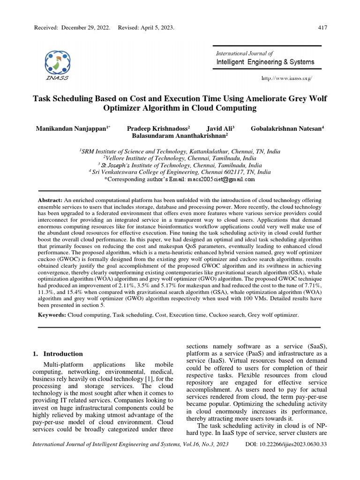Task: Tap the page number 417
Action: tap(322, 28)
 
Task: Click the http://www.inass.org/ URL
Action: tap(286, 78)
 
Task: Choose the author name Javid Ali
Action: tap(220, 128)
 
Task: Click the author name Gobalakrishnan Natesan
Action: tap(287, 128)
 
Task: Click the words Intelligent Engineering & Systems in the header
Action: tap(265, 62)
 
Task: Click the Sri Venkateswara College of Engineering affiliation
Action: tap(180, 172)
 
